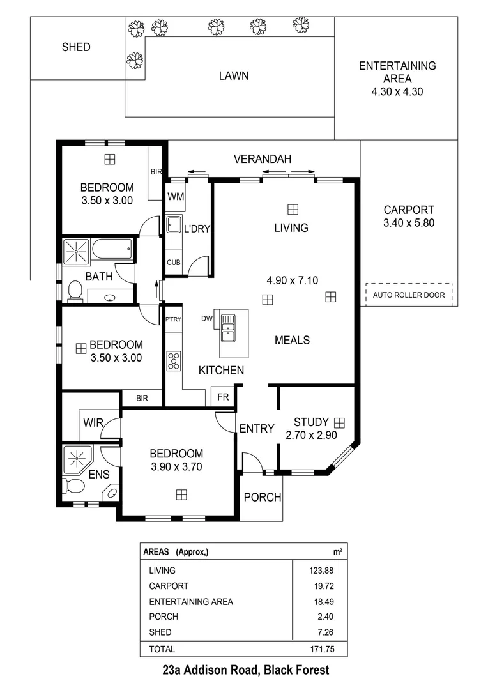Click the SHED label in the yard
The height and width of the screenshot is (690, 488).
tap(76, 47)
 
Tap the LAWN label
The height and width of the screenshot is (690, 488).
tap(234, 75)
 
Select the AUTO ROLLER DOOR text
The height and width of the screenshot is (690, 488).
tap(408, 296)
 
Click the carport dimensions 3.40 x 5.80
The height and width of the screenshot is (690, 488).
tap(409, 223)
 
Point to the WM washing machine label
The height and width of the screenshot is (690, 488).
tap(176, 197)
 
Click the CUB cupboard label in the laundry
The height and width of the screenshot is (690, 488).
tap(174, 262)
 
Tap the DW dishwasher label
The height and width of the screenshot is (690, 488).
tap(207, 318)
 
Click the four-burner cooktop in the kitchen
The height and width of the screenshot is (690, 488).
tap(173, 362)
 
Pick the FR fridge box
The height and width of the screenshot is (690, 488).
tap(222, 397)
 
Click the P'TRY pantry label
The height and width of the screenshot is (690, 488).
tap(173, 319)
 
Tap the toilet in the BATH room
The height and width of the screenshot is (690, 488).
tap(75, 291)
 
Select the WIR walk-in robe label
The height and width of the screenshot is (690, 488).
tap(93, 422)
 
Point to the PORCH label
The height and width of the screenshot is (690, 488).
tap(263, 497)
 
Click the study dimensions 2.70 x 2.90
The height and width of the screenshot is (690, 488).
tap(311, 435)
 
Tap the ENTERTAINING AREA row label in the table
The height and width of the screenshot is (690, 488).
tap(191, 601)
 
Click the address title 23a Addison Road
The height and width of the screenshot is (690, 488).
tap(246, 670)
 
